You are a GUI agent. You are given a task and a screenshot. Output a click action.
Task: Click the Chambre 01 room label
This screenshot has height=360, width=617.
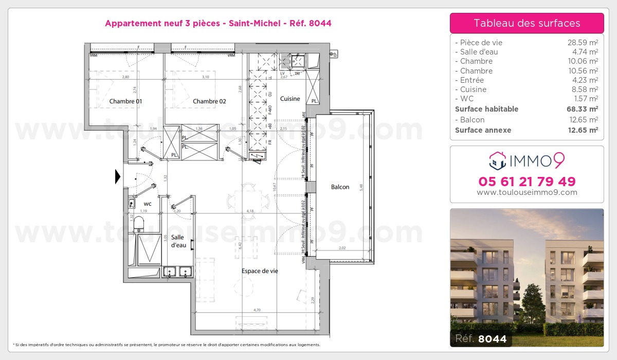point(125,101)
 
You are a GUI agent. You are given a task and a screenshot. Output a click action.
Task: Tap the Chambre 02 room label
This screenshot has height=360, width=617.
point(209,101)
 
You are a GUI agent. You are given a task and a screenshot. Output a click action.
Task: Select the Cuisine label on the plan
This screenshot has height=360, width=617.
point(290,99)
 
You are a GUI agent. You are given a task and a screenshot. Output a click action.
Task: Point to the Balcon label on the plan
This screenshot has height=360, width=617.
point(340,187)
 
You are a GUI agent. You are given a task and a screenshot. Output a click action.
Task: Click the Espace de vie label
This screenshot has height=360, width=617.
point(260,271)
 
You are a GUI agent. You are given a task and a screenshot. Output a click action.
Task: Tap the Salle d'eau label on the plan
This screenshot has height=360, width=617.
point(178,241)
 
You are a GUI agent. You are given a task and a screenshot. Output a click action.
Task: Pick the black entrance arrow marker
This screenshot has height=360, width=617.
point(118,177)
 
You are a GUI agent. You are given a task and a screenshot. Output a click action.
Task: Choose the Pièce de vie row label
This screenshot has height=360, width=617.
point(481,43)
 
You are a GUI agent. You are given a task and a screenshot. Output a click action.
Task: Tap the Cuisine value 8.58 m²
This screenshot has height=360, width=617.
point(586,89)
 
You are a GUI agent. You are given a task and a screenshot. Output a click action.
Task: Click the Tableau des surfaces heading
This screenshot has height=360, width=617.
point(527,23)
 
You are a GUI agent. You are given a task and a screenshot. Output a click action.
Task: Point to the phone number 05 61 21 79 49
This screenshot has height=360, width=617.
point(527,182)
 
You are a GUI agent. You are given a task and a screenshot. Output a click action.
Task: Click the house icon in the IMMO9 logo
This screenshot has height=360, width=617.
point(497,161)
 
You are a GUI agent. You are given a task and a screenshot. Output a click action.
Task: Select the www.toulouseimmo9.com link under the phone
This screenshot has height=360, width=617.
point(527,192)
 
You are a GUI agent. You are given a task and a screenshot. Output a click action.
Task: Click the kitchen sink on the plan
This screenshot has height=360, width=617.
point(297,62)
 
